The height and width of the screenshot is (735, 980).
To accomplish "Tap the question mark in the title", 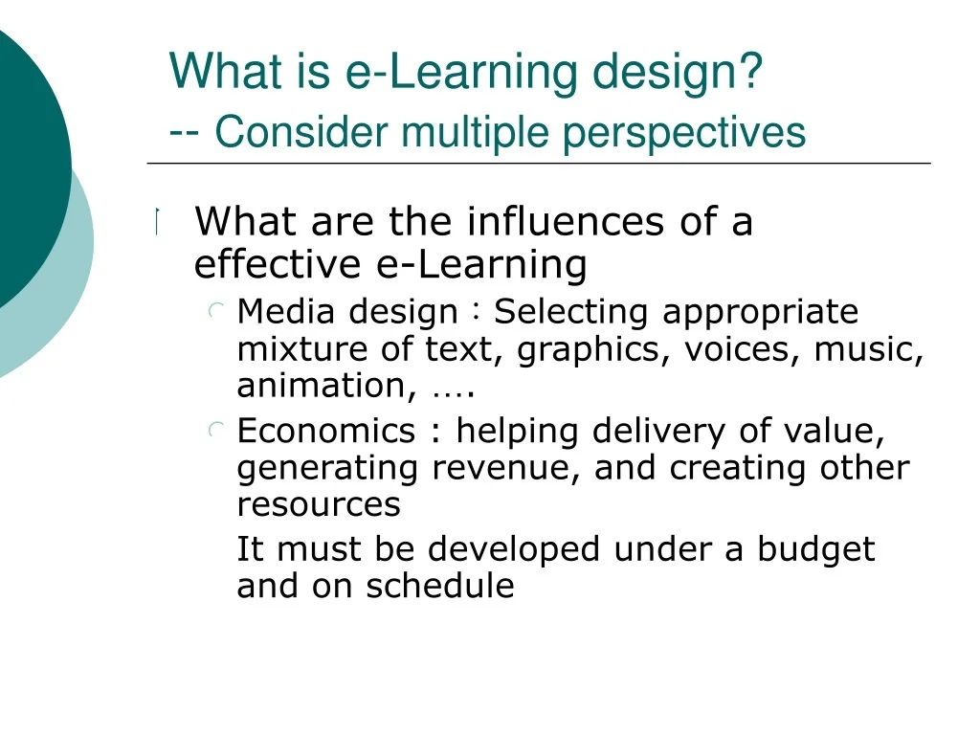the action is point(750,70).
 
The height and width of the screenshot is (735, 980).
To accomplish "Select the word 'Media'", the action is point(286,311).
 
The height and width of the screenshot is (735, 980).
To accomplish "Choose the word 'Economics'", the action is point(326,431).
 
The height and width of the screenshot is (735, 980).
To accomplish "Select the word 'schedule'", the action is point(440,587).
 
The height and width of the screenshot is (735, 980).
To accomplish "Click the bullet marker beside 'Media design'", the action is point(216,310).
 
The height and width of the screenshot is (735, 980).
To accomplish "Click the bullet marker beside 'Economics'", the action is point(216,430).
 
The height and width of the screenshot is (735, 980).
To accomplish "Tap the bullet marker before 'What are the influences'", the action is point(158,221).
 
